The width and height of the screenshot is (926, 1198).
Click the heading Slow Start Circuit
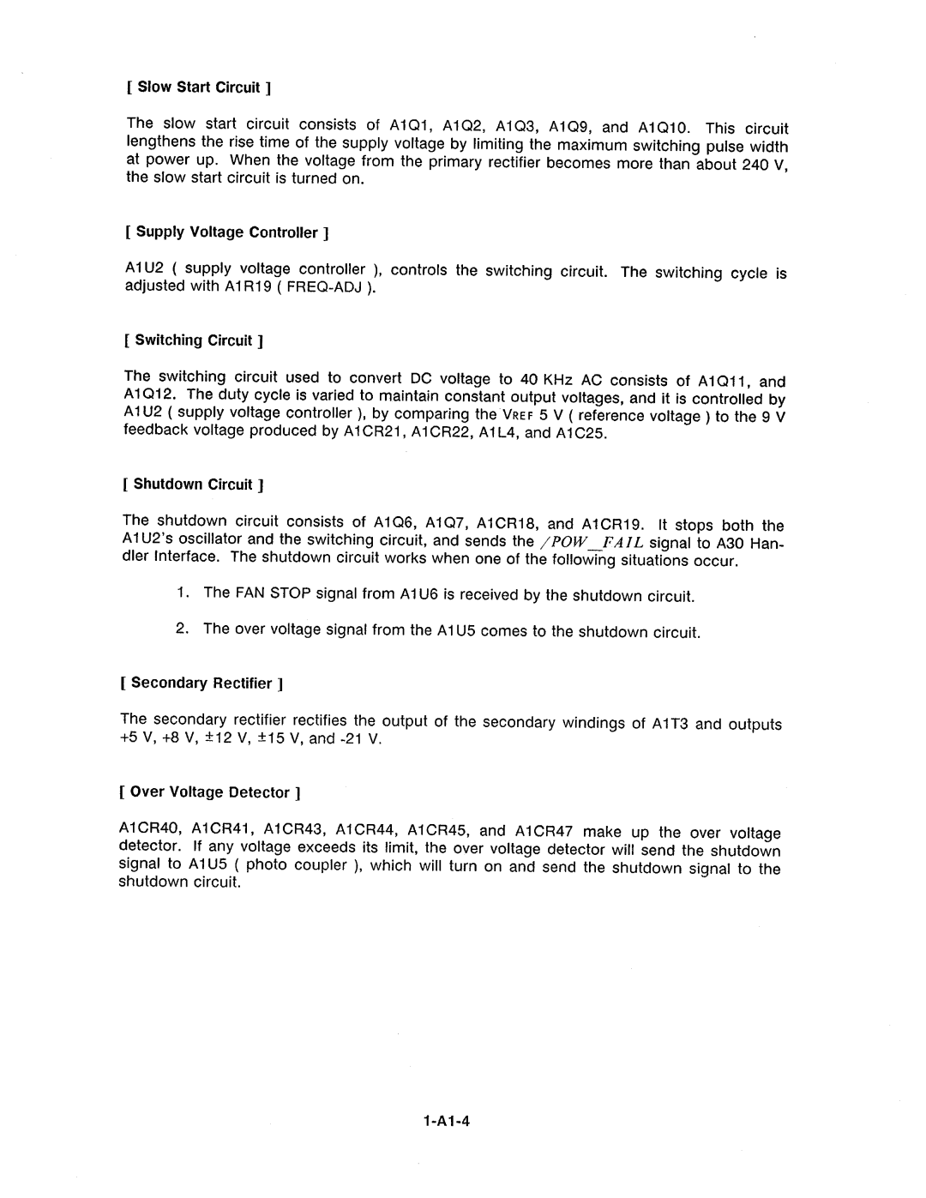pyautogui.click(x=199, y=87)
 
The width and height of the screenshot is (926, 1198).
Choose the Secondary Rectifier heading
pyautogui.click(x=202, y=683)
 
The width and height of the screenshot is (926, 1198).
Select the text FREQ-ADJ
pyautogui.click(x=327, y=286)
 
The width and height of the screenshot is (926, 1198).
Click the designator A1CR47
pyautogui.click(x=549, y=831)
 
